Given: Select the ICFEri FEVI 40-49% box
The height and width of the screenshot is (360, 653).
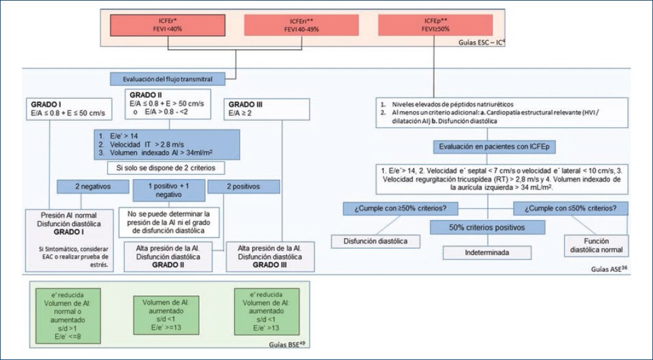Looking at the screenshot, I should tap(304, 25).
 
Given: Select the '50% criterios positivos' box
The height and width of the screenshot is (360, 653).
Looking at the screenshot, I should tap(487, 228).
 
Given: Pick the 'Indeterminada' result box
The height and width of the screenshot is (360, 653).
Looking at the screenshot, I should tap(487, 251).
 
